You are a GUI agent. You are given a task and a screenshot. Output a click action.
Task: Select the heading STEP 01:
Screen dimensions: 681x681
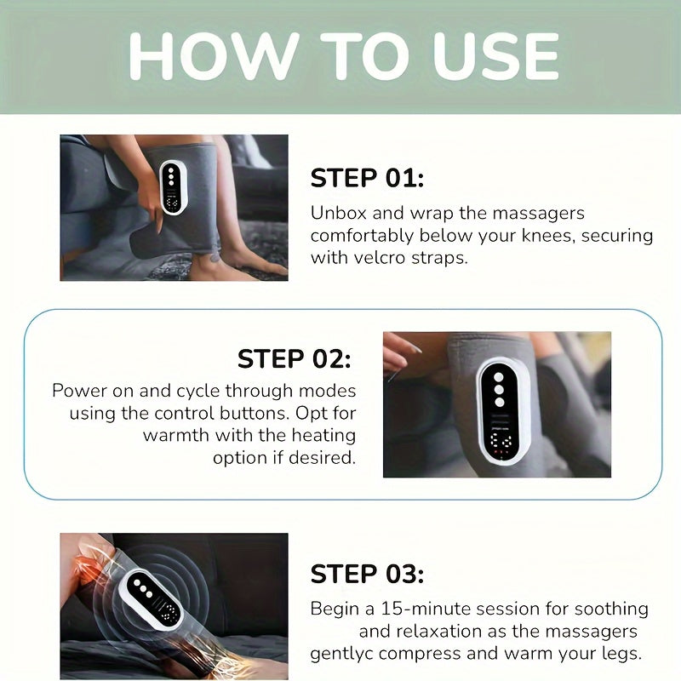[367, 178]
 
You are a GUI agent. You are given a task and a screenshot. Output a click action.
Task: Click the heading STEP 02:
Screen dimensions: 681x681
[294, 358]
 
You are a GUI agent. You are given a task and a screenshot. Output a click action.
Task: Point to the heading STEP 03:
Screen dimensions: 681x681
[367, 574]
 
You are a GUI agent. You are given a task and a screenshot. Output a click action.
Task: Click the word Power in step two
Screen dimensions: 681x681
[79, 391]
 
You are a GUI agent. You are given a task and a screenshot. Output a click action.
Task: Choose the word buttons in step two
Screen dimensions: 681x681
[232, 413]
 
